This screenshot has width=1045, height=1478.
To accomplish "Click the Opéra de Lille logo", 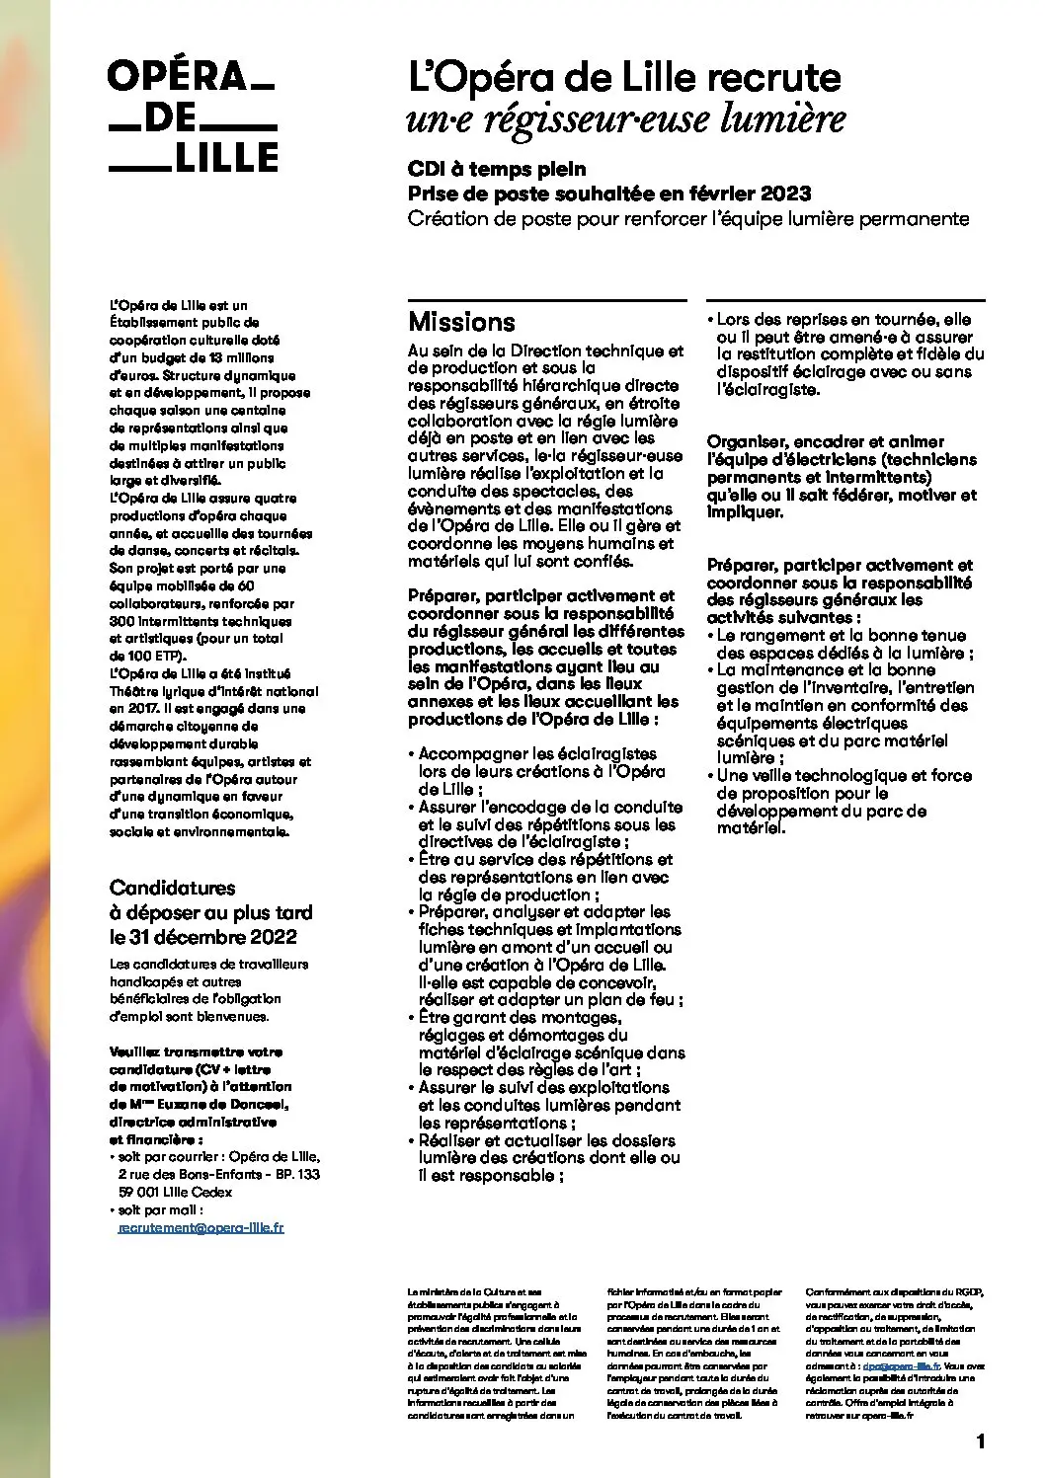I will [x=193, y=117].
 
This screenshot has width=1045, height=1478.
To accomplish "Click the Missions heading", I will [x=461, y=322].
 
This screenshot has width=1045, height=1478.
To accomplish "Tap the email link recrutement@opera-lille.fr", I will [x=201, y=1227].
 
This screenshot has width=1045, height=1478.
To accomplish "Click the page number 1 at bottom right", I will [x=980, y=1442].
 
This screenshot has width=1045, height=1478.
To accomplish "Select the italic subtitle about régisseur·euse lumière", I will [x=625, y=119].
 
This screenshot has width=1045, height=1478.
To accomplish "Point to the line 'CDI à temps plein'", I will [x=497, y=169].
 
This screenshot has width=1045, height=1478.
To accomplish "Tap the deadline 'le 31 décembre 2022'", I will [x=202, y=937].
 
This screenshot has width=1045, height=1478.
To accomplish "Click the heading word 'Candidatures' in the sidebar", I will [x=172, y=888].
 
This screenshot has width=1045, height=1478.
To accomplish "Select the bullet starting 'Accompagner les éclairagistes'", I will [x=541, y=771].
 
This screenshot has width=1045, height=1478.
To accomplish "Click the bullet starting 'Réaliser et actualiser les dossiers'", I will [x=548, y=1157].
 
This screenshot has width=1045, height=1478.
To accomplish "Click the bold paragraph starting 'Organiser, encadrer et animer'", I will [x=842, y=477].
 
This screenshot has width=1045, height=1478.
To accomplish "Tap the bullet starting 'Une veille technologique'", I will [x=844, y=801].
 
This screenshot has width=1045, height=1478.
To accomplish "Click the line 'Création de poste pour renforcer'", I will [x=688, y=218].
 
